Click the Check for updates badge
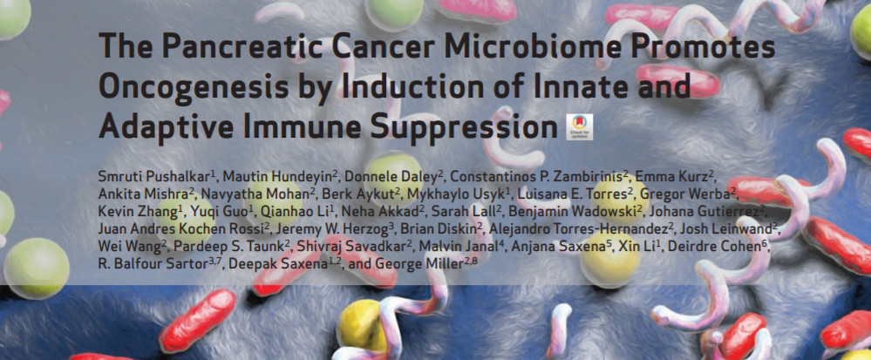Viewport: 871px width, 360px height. pyautogui.click(x=580, y=127)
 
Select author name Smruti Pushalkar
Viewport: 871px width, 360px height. pyautogui.click(x=153, y=177)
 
